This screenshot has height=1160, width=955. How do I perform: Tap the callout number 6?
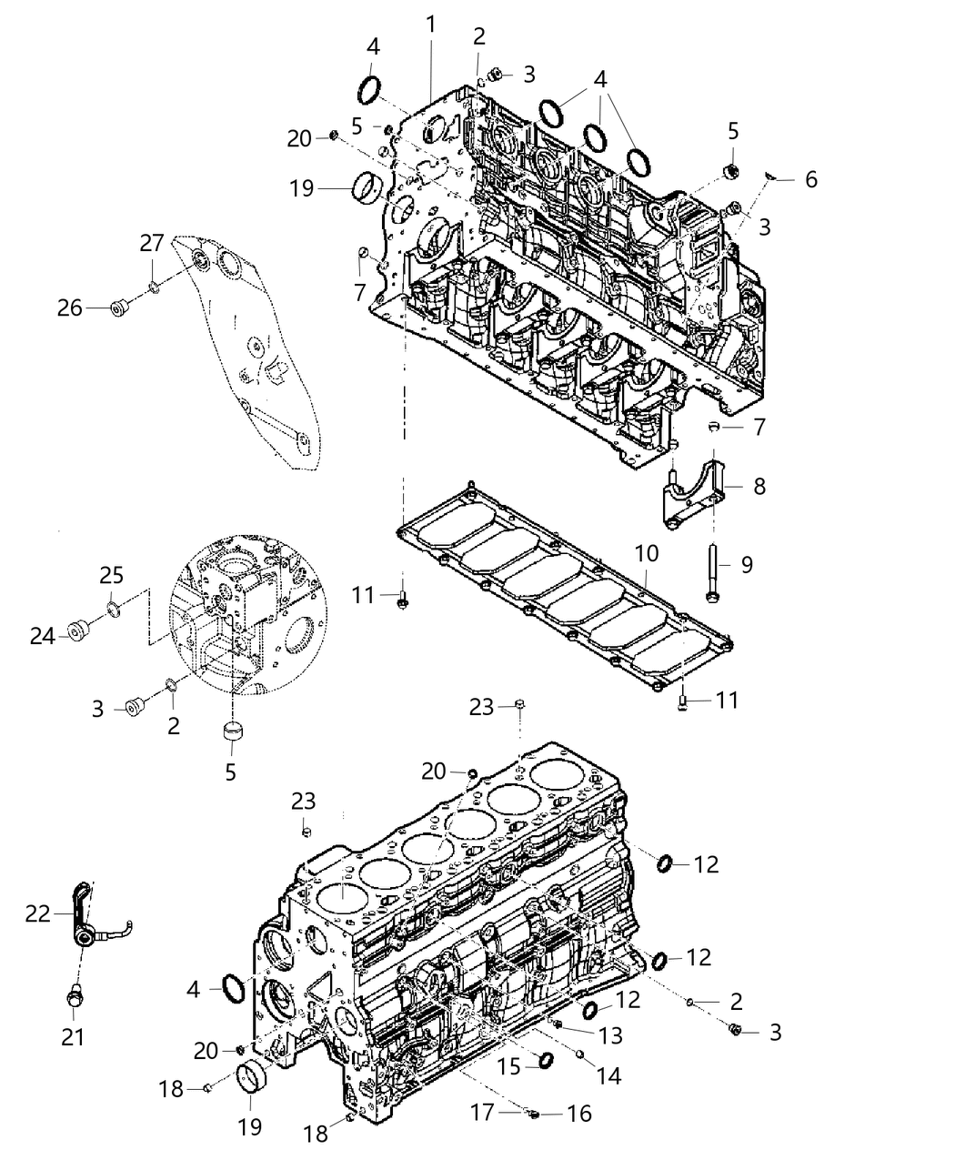[810, 179]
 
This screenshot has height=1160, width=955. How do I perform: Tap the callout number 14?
[608, 1075]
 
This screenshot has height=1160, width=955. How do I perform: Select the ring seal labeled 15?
[547, 1060]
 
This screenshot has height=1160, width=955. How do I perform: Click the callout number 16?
[578, 1113]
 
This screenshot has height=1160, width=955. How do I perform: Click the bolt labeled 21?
[75, 998]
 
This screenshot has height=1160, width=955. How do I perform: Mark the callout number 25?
[111, 577]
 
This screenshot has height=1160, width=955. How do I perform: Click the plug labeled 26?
[117, 308]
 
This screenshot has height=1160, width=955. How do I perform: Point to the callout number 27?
[151, 244]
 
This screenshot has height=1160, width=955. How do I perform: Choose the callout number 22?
[38, 913]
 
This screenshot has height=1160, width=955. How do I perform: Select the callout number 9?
[747, 565]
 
